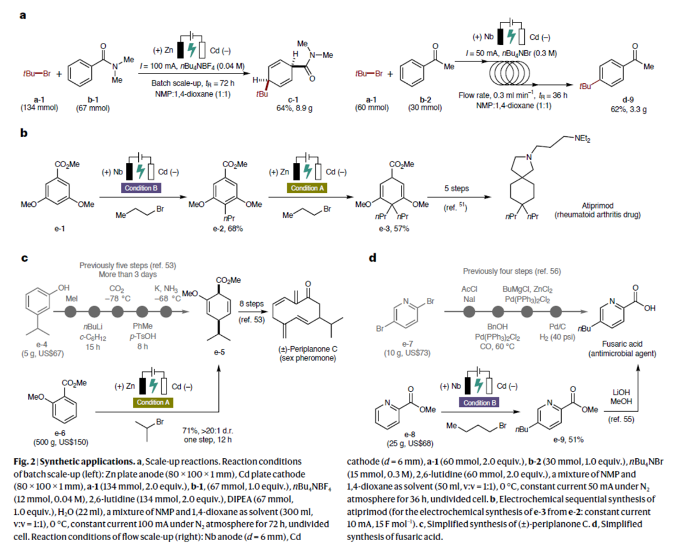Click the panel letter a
[22, 15]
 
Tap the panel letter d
[372, 258]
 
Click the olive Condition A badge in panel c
[153, 402]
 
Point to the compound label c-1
[293, 100]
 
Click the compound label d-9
[628, 100]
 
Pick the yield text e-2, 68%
[228, 229]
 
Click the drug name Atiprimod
[597, 205]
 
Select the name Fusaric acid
[622, 344]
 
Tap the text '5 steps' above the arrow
[456, 188]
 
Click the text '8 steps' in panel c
[251, 303]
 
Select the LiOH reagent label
[621, 392]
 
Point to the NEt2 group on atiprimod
[582, 139]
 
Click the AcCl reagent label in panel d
[469, 289]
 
